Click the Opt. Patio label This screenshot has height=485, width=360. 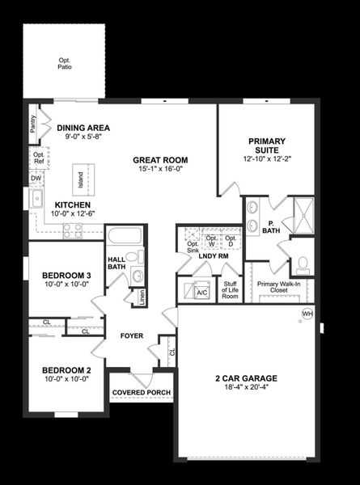point(65,63)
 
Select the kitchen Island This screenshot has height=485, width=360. point(81,178)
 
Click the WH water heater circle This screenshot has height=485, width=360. point(307,313)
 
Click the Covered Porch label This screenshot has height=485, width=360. point(142,393)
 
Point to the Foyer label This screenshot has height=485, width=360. point(133,335)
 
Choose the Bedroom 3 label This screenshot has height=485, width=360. point(66,280)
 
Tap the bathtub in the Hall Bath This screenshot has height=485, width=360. point(125,238)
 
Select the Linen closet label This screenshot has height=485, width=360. point(142,297)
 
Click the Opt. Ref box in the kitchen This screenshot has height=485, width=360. point(38,157)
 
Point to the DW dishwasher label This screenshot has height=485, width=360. point(36,178)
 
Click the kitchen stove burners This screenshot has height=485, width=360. point(73,230)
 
